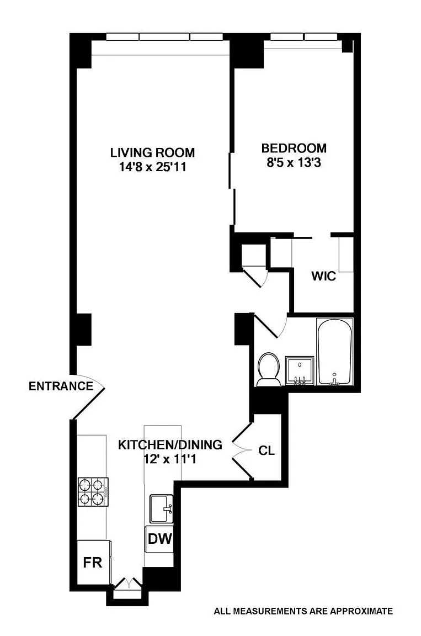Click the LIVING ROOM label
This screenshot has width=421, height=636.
pos(152,152)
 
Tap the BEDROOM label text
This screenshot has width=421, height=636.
pos(294,148)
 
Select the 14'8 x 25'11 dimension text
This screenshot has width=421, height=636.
pos(153,167)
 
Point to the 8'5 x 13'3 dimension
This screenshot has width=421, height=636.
pos(294,163)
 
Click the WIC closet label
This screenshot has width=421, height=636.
pos(323,277)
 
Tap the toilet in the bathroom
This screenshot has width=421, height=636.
pos(269,369)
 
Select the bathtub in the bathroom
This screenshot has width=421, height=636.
pos(334,351)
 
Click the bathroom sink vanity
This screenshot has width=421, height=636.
pos(300,370)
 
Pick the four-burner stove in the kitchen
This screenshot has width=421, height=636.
pos(93,491)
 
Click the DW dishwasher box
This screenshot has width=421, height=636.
pos(159,539)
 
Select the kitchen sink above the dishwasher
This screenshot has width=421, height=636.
pos(161,508)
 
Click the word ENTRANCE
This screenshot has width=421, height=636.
pos(61,386)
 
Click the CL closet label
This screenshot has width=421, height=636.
pos(267,451)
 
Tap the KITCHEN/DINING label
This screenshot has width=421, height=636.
pos(170,444)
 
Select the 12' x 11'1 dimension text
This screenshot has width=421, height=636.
pos(170,459)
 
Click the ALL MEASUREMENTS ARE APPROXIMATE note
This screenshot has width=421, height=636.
pos(303,611)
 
